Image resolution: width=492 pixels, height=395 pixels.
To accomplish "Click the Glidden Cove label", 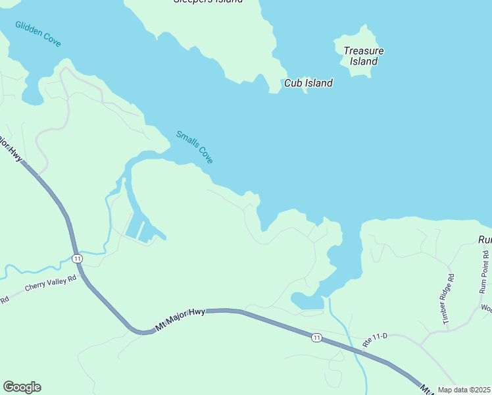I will [38, 34].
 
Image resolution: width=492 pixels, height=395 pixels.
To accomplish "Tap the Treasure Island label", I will [363, 56].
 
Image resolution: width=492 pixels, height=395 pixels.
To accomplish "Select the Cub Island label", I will [308, 83].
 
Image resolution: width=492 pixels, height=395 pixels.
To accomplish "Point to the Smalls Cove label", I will [195, 147].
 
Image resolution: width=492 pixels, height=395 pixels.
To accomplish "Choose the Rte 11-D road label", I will [376, 340].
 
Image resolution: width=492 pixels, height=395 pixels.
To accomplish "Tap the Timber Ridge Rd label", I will [448, 299].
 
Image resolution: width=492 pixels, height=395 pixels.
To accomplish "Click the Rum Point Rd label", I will [484, 272].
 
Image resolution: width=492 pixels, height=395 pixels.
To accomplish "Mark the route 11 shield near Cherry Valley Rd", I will [78, 257].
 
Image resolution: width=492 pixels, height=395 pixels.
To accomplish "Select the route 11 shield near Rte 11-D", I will [317, 338].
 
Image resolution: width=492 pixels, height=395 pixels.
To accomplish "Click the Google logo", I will [22, 387].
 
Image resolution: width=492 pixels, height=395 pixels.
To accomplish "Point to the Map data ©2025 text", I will [464, 390].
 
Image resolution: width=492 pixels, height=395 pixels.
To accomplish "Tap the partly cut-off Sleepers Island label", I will [207, 2].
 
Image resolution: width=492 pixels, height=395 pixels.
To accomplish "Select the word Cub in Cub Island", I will [293, 83].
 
